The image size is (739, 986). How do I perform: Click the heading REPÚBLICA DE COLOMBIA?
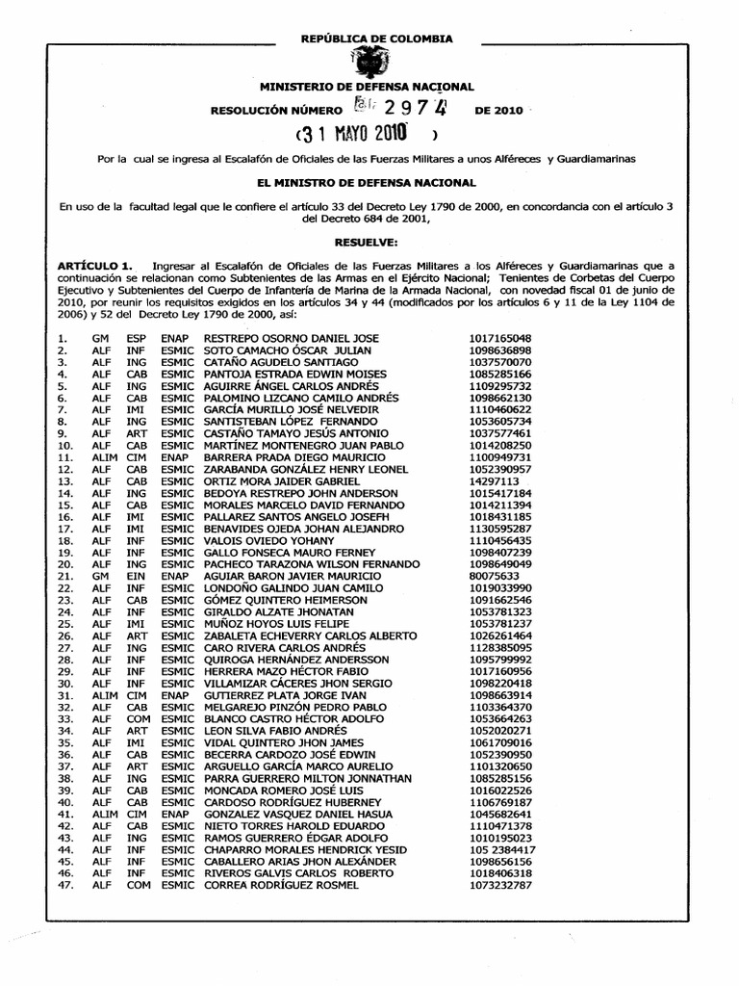(x=369, y=39)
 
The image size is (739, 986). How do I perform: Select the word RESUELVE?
(x=369, y=245)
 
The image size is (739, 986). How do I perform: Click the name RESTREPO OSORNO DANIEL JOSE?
(x=278, y=339)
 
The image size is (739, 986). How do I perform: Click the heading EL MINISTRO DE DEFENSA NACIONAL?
(x=369, y=181)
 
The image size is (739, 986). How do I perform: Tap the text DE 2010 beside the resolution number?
(x=498, y=112)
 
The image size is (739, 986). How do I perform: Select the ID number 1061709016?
(x=501, y=743)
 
